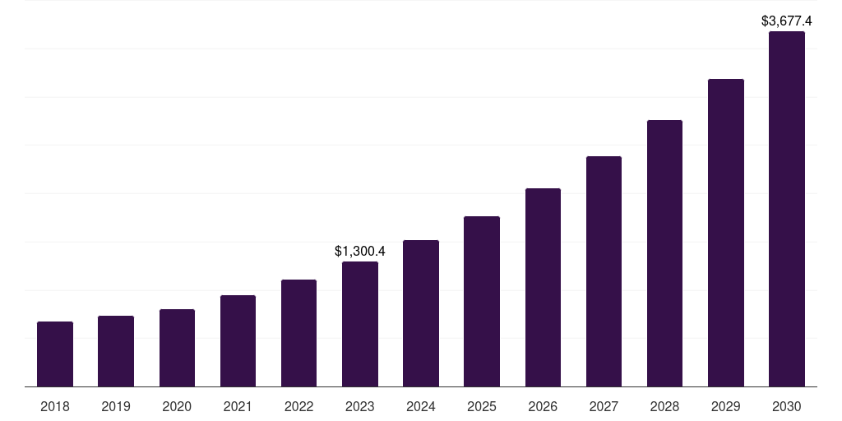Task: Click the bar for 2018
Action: tap(55, 354)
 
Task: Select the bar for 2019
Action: tap(116, 351)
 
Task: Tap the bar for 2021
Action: tap(238, 340)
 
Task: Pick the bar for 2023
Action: tap(360, 324)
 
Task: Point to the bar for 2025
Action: tap(482, 301)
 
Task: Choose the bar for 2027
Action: tap(604, 271)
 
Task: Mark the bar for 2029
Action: tap(726, 233)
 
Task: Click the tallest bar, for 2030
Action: tap(787, 209)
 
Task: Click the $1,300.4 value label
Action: tap(360, 252)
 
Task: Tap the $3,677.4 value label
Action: tap(787, 21)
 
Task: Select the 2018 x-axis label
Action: tap(55, 406)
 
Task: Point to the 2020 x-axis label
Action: tap(177, 406)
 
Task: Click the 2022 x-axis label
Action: tap(298, 406)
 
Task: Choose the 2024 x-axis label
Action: tap(421, 406)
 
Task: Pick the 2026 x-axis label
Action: tap(543, 406)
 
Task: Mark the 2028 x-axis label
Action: tap(664, 406)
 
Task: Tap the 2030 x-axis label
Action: tap(787, 406)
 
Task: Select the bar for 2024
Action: tap(421, 313)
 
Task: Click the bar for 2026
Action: tap(543, 287)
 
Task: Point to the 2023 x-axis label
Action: tap(360, 406)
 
